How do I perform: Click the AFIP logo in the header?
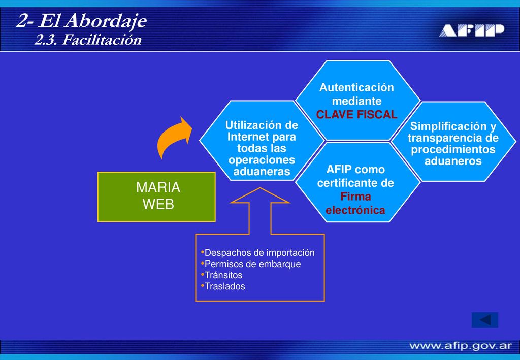[472, 30]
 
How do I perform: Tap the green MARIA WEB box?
[156, 197]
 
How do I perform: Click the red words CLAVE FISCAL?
[356, 114]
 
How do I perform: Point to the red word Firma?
[355, 196]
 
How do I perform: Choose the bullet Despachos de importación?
[257, 252]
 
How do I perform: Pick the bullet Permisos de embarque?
[251, 264]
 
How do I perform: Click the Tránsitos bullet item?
[221, 275]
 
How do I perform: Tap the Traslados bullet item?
[223, 286]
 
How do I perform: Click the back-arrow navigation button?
[485, 320]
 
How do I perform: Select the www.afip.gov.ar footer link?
[461, 346]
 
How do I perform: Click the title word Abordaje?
[106, 21]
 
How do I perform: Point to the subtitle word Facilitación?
[102, 40]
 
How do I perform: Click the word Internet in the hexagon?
[245, 137]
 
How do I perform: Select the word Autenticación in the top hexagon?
[356, 87]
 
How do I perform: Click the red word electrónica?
[355, 210]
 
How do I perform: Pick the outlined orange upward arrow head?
[260, 195]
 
